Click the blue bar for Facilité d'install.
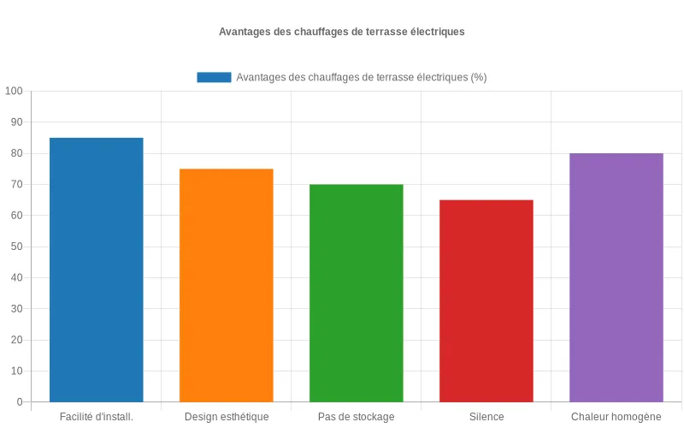coord(96,270)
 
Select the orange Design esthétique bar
coord(226,285)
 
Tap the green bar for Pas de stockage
coord(356,293)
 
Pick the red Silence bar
coord(486,300)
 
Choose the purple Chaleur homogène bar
coord(616,277)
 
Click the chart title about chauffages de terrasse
coord(341,32)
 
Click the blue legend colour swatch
coord(214,77)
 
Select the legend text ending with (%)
coord(361,77)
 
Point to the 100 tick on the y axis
coord(14,92)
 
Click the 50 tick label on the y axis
coord(16,247)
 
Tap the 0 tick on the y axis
coord(19,402)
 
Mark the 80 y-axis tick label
coord(16,153)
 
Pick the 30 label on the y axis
coord(16,309)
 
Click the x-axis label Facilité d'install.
coord(96,417)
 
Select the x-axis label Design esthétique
coord(226,417)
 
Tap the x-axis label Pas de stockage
coord(356,417)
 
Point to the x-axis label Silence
coord(486,417)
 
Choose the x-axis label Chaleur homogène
coord(616,417)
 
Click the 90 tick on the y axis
coord(16,122)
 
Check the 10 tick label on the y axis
coord(16,371)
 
